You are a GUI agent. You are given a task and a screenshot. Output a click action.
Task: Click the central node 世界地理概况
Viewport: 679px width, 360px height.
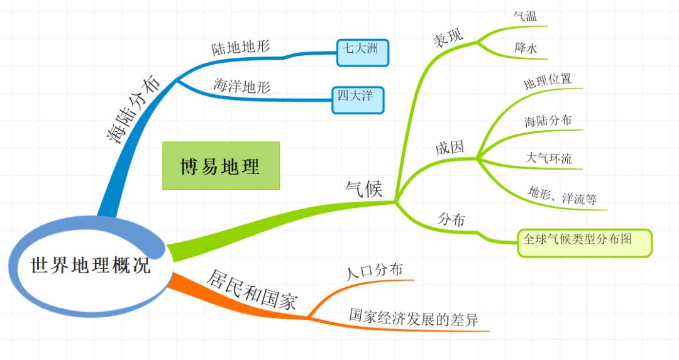pyautogui.click(x=90, y=265)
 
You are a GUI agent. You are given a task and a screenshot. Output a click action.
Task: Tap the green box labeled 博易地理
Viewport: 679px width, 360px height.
pyautogui.click(x=221, y=166)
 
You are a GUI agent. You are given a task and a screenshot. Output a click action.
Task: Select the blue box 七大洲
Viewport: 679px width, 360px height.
pyautogui.click(x=363, y=53)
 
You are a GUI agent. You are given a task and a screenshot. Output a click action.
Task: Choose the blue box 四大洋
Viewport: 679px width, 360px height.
pyautogui.click(x=358, y=101)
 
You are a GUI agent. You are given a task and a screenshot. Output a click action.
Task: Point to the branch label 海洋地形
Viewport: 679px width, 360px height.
pyautogui.click(x=241, y=85)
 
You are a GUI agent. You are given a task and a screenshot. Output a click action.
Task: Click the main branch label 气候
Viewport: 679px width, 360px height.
pyautogui.click(x=364, y=188)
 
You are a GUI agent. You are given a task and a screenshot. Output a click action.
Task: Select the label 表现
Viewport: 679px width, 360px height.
pyautogui.click(x=448, y=37)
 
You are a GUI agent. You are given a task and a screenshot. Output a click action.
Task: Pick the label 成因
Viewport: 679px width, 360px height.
pyautogui.click(x=450, y=148)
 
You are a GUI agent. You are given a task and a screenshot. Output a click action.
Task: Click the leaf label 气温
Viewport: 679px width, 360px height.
pyautogui.click(x=525, y=16)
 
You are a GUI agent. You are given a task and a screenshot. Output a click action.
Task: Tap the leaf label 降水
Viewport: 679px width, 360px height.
pyautogui.click(x=526, y=48)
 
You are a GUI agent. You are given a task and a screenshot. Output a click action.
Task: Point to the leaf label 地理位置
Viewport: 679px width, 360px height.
pyautogui.click(x=548, y=81)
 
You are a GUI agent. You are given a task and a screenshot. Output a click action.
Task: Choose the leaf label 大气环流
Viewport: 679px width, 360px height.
pyautogui.click(x=549, y=158)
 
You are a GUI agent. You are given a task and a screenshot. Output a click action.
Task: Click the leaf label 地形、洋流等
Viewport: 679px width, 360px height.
pyautogui.click(x=562, y=195)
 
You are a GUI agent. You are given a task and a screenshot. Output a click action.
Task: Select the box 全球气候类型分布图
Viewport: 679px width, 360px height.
pyautogui.click(x=585, y=243)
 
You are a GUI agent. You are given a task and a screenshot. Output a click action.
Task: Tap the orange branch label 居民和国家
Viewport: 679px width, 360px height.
pyautogui.click(x=251, y=290)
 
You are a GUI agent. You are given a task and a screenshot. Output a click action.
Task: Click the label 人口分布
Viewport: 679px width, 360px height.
pyautogui.click(x=375, y=271)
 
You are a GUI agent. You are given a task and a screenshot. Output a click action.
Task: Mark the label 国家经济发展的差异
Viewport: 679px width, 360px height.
pyautogui.click(x=414, y=319)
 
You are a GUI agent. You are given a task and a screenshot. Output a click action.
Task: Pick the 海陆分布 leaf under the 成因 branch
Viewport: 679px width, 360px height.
pyautogui.click(x=548, y=121)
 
